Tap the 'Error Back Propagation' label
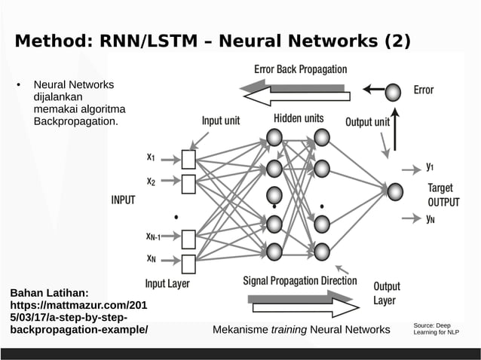coord(300,69)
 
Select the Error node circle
coord(393,92)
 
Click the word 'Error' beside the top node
coord(424,90)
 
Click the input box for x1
coord(188,159)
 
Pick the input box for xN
coord(188,263)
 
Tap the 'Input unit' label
coord(221,121)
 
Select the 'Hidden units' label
coord(299,118)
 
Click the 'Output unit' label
coord(367,121)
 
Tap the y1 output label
coord(430,166)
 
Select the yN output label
coord(430,219)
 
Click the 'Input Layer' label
coord(167,284)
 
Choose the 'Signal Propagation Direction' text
coord(300,281)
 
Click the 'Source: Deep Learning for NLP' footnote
coord(436,329)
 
